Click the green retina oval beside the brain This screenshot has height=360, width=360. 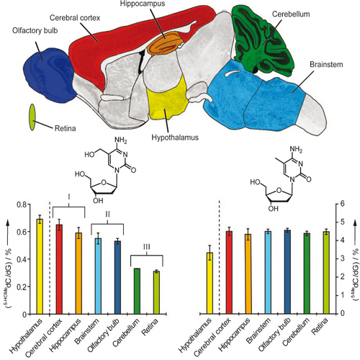click(x=32, y=117)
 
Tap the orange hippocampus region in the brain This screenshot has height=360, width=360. click(x=164, y=43)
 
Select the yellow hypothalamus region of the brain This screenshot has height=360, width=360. click(x=167, y=99)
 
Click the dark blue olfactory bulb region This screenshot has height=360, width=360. click(x=49, y=75)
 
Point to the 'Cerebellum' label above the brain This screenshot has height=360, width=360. click(x=291, y=14)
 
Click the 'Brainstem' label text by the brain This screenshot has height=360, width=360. click(x=326, y=64)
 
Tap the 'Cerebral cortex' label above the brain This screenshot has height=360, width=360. click(x=75, y=17)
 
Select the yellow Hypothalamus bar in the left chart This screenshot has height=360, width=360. click(x=40, y=266)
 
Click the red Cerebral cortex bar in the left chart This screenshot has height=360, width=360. click(x=59, y=269)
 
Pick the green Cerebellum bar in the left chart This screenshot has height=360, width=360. click(x=137, y=292)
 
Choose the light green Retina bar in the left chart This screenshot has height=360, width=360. click(x=156, y=292)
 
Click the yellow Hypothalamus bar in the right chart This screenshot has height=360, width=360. click(x=210, y=283)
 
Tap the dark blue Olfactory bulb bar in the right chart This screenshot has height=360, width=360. click(x=287, y=272)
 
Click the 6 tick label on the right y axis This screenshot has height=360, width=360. click(x=342, y=204)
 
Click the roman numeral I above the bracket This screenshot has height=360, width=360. click(x=69, y=197)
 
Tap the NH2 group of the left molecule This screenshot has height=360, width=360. click(x=121, y=140)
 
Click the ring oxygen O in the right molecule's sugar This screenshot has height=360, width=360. click(x=279, y=191)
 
